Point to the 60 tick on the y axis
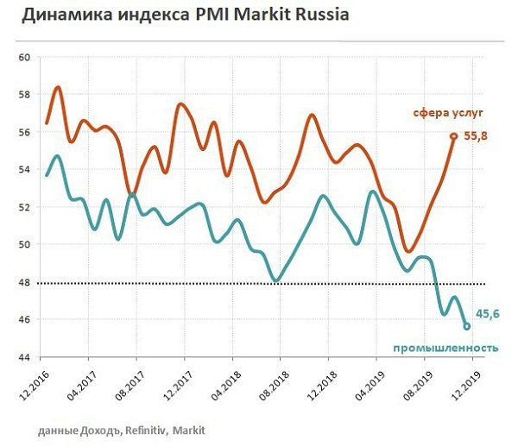(x=23, y=57)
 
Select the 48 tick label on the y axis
(x=23, y=282)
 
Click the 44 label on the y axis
(x=23, y=357)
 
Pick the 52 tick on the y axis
(x=23, y=207)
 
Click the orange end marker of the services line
(x=453, y=136)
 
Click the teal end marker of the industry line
(x=467, y=326)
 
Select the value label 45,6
(x=488, y=316)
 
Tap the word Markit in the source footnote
(x=190, y=429)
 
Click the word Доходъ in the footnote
(x=97, y=429)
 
